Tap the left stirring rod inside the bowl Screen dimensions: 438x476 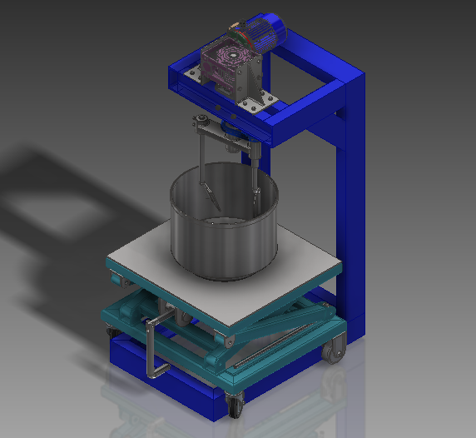206,179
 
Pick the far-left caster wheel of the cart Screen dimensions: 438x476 110,333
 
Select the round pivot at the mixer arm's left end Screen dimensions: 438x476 200,124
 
